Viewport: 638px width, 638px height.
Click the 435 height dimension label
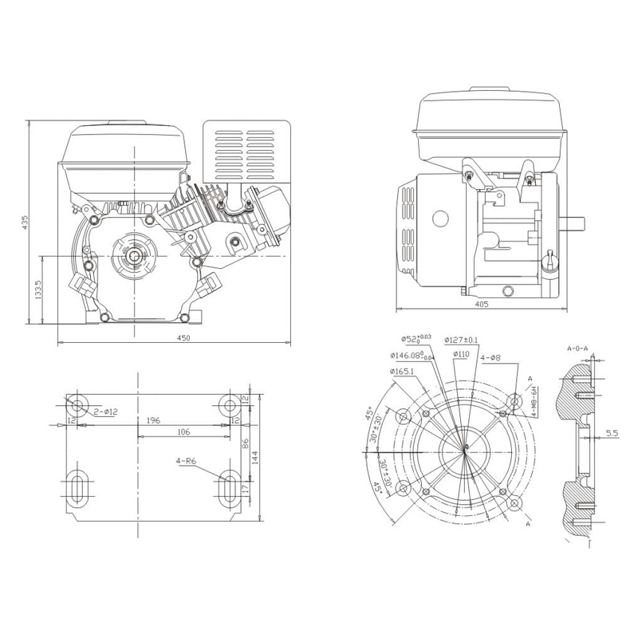tap(26, 221)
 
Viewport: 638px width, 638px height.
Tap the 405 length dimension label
tap(481, 304)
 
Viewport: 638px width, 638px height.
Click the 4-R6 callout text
tap(188, 461)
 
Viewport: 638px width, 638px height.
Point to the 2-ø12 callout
tap(105, 412)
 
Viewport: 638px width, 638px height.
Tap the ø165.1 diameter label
tap(403, 372)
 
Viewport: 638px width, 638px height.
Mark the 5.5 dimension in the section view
tap(612, 433)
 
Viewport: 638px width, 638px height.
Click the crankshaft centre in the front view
tap(136, 255)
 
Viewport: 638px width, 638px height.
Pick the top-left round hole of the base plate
tap(80, 404)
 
